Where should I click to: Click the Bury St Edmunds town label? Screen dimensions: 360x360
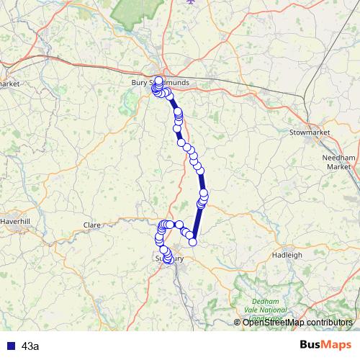tap(160, 83)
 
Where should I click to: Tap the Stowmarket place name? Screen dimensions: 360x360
tap(308, 133)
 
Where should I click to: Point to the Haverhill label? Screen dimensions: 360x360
tap(16, 221)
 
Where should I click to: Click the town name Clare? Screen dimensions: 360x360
tap(91, 225)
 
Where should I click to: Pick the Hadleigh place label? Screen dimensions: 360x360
tap(287, 255)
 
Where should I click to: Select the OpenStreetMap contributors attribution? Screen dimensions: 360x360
tap(297, 323)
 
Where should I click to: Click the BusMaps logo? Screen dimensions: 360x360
tap(325, 346)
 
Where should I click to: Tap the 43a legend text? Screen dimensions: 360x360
tap(31, 346)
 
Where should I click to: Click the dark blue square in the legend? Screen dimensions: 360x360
tap(10, 346)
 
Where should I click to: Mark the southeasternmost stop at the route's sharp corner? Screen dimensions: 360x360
tap(193, 241)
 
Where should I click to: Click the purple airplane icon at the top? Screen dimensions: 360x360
tap(190, 2)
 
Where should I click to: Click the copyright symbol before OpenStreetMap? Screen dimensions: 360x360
tap(238, 323)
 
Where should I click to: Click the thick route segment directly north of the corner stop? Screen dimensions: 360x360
tap(197, 223)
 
